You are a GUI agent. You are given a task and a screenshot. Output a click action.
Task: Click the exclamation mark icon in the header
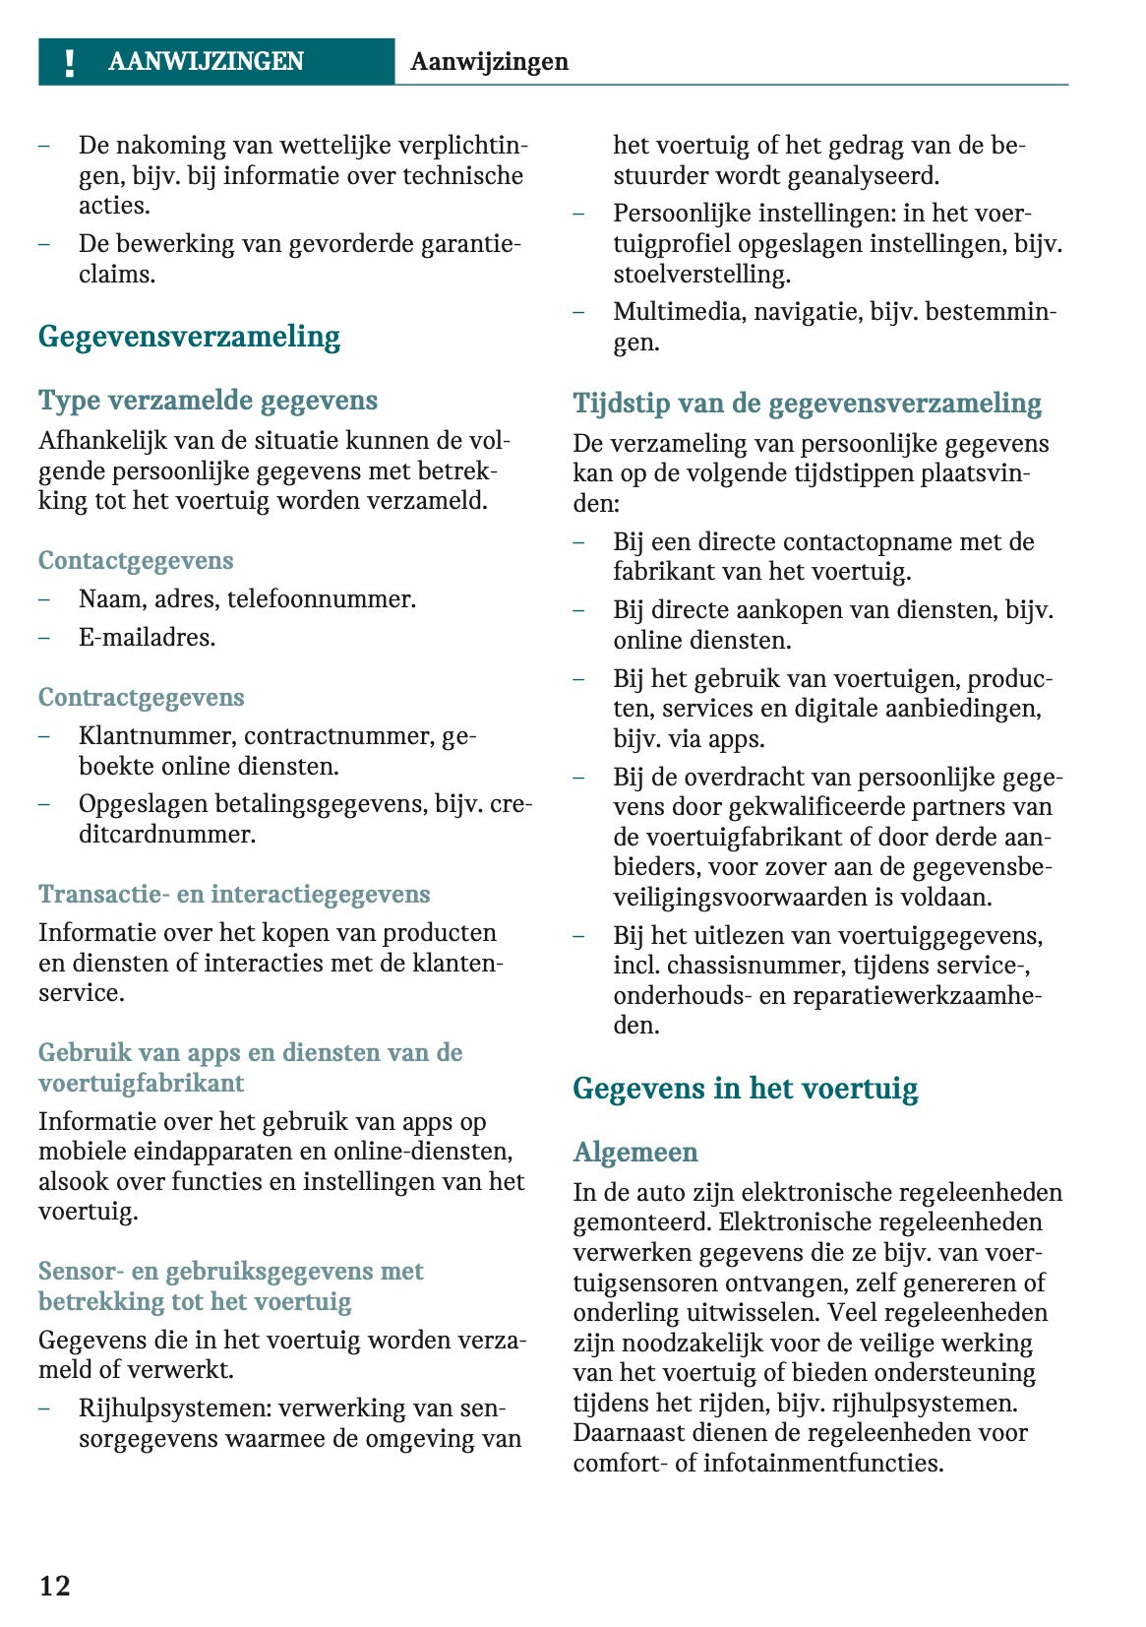69,63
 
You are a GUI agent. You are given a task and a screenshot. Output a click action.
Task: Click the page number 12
55,1586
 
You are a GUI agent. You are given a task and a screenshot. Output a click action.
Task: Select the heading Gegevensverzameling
189,337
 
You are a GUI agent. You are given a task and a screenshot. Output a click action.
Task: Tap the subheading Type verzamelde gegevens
208,401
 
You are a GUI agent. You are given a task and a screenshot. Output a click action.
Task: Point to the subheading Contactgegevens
136,561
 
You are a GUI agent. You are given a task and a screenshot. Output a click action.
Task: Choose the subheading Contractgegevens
141,698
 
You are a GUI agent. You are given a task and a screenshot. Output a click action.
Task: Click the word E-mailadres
147,638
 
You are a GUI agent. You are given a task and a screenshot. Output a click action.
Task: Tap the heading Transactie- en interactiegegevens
234,895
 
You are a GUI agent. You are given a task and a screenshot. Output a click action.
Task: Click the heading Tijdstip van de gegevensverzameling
807,404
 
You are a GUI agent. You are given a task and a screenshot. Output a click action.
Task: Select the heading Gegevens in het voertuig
745,1089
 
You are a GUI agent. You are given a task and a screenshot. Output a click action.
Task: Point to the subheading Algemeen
635,1153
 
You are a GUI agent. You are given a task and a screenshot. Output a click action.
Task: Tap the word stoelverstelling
701,274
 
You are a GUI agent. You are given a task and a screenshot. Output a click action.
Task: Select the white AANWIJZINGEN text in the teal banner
206,62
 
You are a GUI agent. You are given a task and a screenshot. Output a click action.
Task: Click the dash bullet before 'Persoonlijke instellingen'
579,214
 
